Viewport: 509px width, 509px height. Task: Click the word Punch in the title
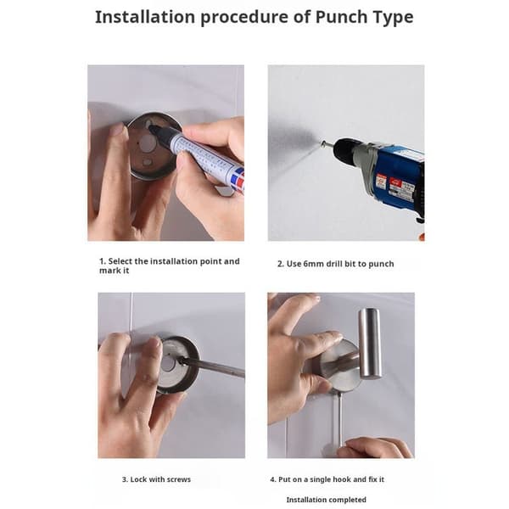point(341,17)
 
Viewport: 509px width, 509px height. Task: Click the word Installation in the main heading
point(145,17)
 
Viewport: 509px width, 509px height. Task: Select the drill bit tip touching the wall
point(323,143)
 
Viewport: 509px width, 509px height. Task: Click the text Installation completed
point(327,500)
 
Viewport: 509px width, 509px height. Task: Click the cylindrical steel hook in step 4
point(370,344)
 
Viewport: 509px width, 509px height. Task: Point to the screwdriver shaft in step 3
point(215,367)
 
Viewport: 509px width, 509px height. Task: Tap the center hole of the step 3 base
point(169,364)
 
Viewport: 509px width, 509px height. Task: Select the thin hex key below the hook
point(339,419)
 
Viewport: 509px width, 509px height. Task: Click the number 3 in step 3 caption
point(125,479)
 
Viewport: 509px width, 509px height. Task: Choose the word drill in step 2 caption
point(334,264)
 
